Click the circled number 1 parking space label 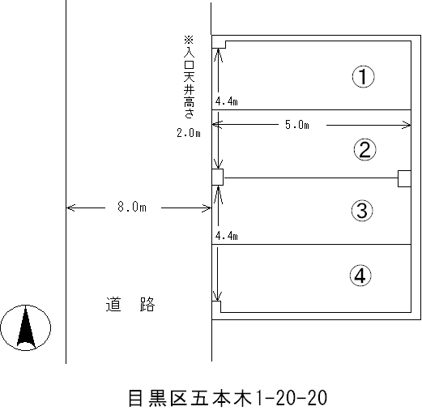click(364, 76)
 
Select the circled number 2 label click(364, 150)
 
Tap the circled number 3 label click(362, 211)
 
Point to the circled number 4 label click(360, 276)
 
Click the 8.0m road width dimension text click(132, 207)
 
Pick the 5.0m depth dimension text click(297, 125)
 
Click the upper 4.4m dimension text click(227, 101)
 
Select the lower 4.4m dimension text click(227, 236)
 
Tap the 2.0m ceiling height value click(189, 133)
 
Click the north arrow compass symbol click(26, 327)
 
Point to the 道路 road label click(130, 305)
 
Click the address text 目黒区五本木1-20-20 click(228, 398)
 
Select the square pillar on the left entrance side click(217, 178)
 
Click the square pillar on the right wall click(404, 178)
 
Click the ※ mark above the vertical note click(189, 41)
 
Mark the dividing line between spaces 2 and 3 click(311, 178)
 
